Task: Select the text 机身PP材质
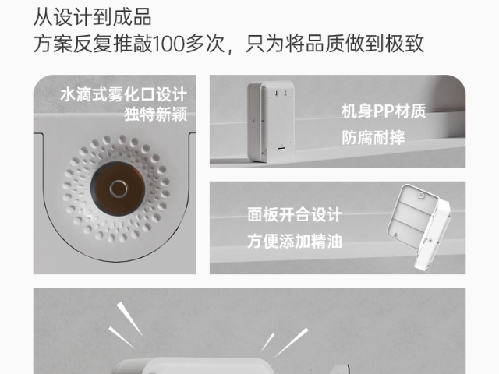[x=383, y=111]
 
